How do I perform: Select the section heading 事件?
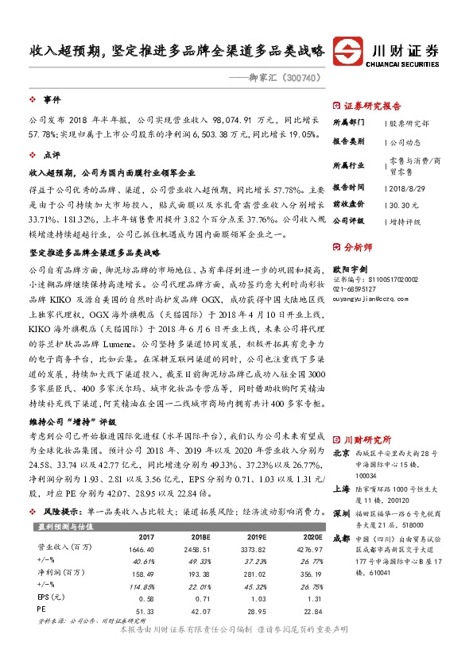pyautogui.click(x=52, y=100)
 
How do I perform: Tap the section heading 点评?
pyautogui.click(x=52, y=156)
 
